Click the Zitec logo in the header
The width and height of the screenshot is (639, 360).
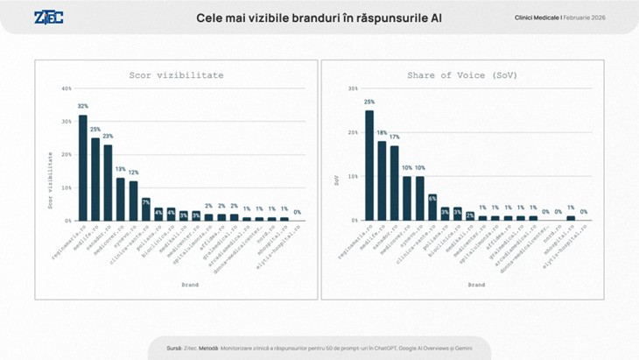(x=48, y=18)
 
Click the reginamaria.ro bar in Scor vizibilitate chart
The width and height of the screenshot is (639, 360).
(x=83, y=167)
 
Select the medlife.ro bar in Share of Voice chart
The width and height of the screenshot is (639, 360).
(x=382, y=180)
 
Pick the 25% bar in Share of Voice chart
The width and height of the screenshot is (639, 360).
(x=369, y=165)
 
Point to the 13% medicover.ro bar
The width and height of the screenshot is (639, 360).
(x=121, y=199)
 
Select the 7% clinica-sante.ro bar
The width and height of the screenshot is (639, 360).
(x=146, y=209)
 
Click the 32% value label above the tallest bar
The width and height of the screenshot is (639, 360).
(x=83, y=106)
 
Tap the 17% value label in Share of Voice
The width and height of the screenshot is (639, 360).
(x=395, y=137)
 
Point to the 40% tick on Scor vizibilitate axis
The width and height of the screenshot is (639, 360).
(x=67, y=88)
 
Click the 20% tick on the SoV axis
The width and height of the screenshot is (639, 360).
(x=353, y=132)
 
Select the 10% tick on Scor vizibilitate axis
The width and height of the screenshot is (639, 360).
(x=67, y=187)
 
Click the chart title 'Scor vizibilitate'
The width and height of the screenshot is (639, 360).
(x=176, y=75)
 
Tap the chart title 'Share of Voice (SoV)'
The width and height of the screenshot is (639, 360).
(x=462, y=75)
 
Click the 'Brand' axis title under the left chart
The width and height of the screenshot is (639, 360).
(x=190, y=284)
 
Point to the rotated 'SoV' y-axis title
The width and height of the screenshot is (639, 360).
(x=336, y=179)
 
